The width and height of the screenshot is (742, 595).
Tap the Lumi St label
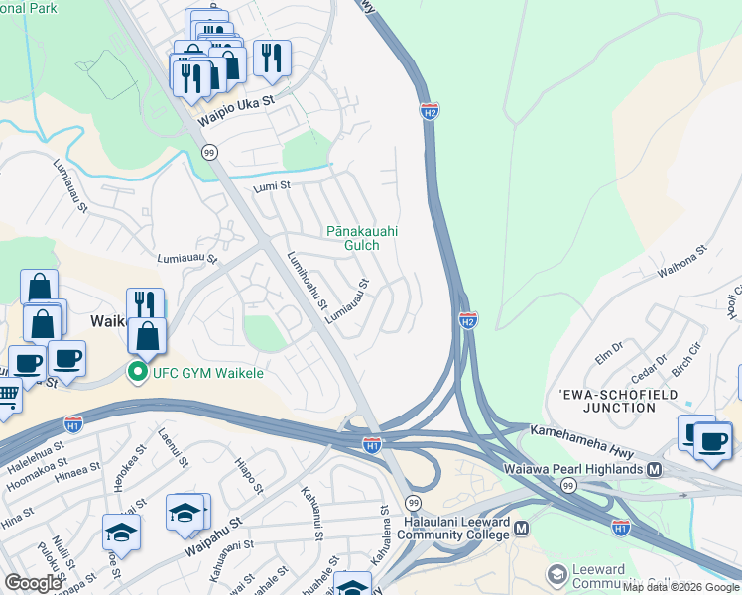pyautogui.click(x=270, y=185)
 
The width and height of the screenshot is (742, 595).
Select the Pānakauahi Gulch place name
pyautogui.click(x=362, y=238)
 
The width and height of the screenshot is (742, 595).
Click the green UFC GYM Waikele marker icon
pyautogui.click(x=136, y=373)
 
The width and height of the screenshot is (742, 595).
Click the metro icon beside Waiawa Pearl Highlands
pyautogui.click(x=654, y=468)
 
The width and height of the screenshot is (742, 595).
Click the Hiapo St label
pyautogui.click(x=249, y=475)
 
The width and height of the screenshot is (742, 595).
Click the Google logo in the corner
pyautogui.click(x=33, y=583)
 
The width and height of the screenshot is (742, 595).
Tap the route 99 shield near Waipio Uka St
pyautogui.click(x=209, y=152)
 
